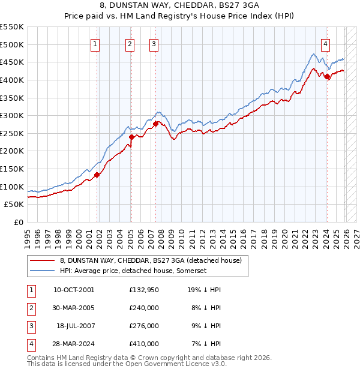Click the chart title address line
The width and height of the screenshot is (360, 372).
point(179,7)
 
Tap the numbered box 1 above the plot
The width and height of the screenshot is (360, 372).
point(96,43)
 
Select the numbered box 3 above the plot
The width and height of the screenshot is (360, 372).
point(154,43)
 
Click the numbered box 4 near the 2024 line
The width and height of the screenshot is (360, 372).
point(325,43)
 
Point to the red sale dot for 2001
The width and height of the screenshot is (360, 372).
point(97,175)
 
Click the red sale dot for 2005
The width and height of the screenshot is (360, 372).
point(132,137)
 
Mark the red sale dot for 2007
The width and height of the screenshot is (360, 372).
point(155,124)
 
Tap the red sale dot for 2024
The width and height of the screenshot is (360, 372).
point(326,77)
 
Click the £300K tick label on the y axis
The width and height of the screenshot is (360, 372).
point(12,115)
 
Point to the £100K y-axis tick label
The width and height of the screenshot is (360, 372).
point(12,187)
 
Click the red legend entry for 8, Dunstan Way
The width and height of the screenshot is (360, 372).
point(150,260)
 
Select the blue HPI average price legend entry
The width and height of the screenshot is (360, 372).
point(133,271)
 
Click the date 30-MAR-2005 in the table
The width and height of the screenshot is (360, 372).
point(74,307)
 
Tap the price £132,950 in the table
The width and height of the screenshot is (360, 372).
point(144,289)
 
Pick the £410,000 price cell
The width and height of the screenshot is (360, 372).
point(144,344)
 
